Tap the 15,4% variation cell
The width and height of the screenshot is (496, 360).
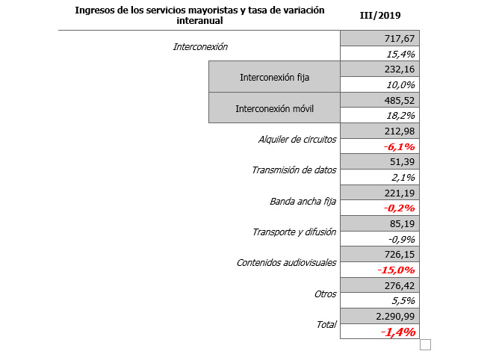pyautogui.click(x=401, y=54)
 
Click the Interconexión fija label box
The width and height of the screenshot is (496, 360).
pyautogui.click(x=274, y=77)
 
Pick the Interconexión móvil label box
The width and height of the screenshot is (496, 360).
pyautogui.click(x=274, y=108)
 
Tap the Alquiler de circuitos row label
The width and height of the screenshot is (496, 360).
pyautogui.click(x=297, y=139)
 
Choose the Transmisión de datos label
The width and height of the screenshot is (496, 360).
pyautogui.click(x=294, y=170)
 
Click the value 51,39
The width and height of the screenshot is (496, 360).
pyautogui.click(x=403, y=162)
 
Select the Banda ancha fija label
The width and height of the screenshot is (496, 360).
pyautogui.click(x=303, y=201)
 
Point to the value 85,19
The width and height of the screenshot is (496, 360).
pyautogui.click(x=403, y=223)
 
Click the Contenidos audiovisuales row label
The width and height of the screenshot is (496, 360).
pyautogui.click(x=286, y=262)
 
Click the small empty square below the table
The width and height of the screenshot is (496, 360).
pyautogui.click(x=426, y=344)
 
